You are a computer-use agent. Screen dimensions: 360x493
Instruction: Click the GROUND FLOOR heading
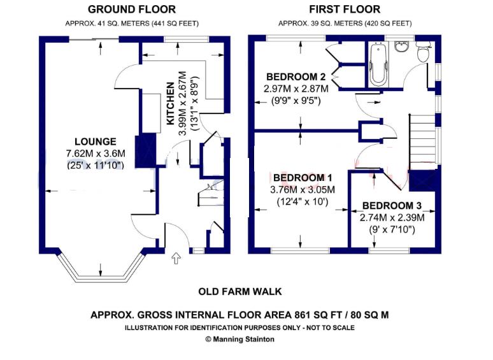click(132, 10)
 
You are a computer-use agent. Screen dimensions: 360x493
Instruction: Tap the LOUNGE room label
click(95, 141)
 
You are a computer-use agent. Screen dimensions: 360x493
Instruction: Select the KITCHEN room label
click(171, 103)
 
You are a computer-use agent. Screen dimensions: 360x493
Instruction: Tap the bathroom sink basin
click(402, 48)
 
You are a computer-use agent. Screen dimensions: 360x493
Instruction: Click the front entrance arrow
click(176, 258)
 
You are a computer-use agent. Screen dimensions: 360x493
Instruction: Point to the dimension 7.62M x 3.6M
click(95, 153)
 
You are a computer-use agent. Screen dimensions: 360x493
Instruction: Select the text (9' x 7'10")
click(389, 229)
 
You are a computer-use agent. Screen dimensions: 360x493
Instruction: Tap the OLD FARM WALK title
click(240, 292)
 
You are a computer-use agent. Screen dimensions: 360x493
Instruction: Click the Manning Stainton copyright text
click(239, 339)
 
